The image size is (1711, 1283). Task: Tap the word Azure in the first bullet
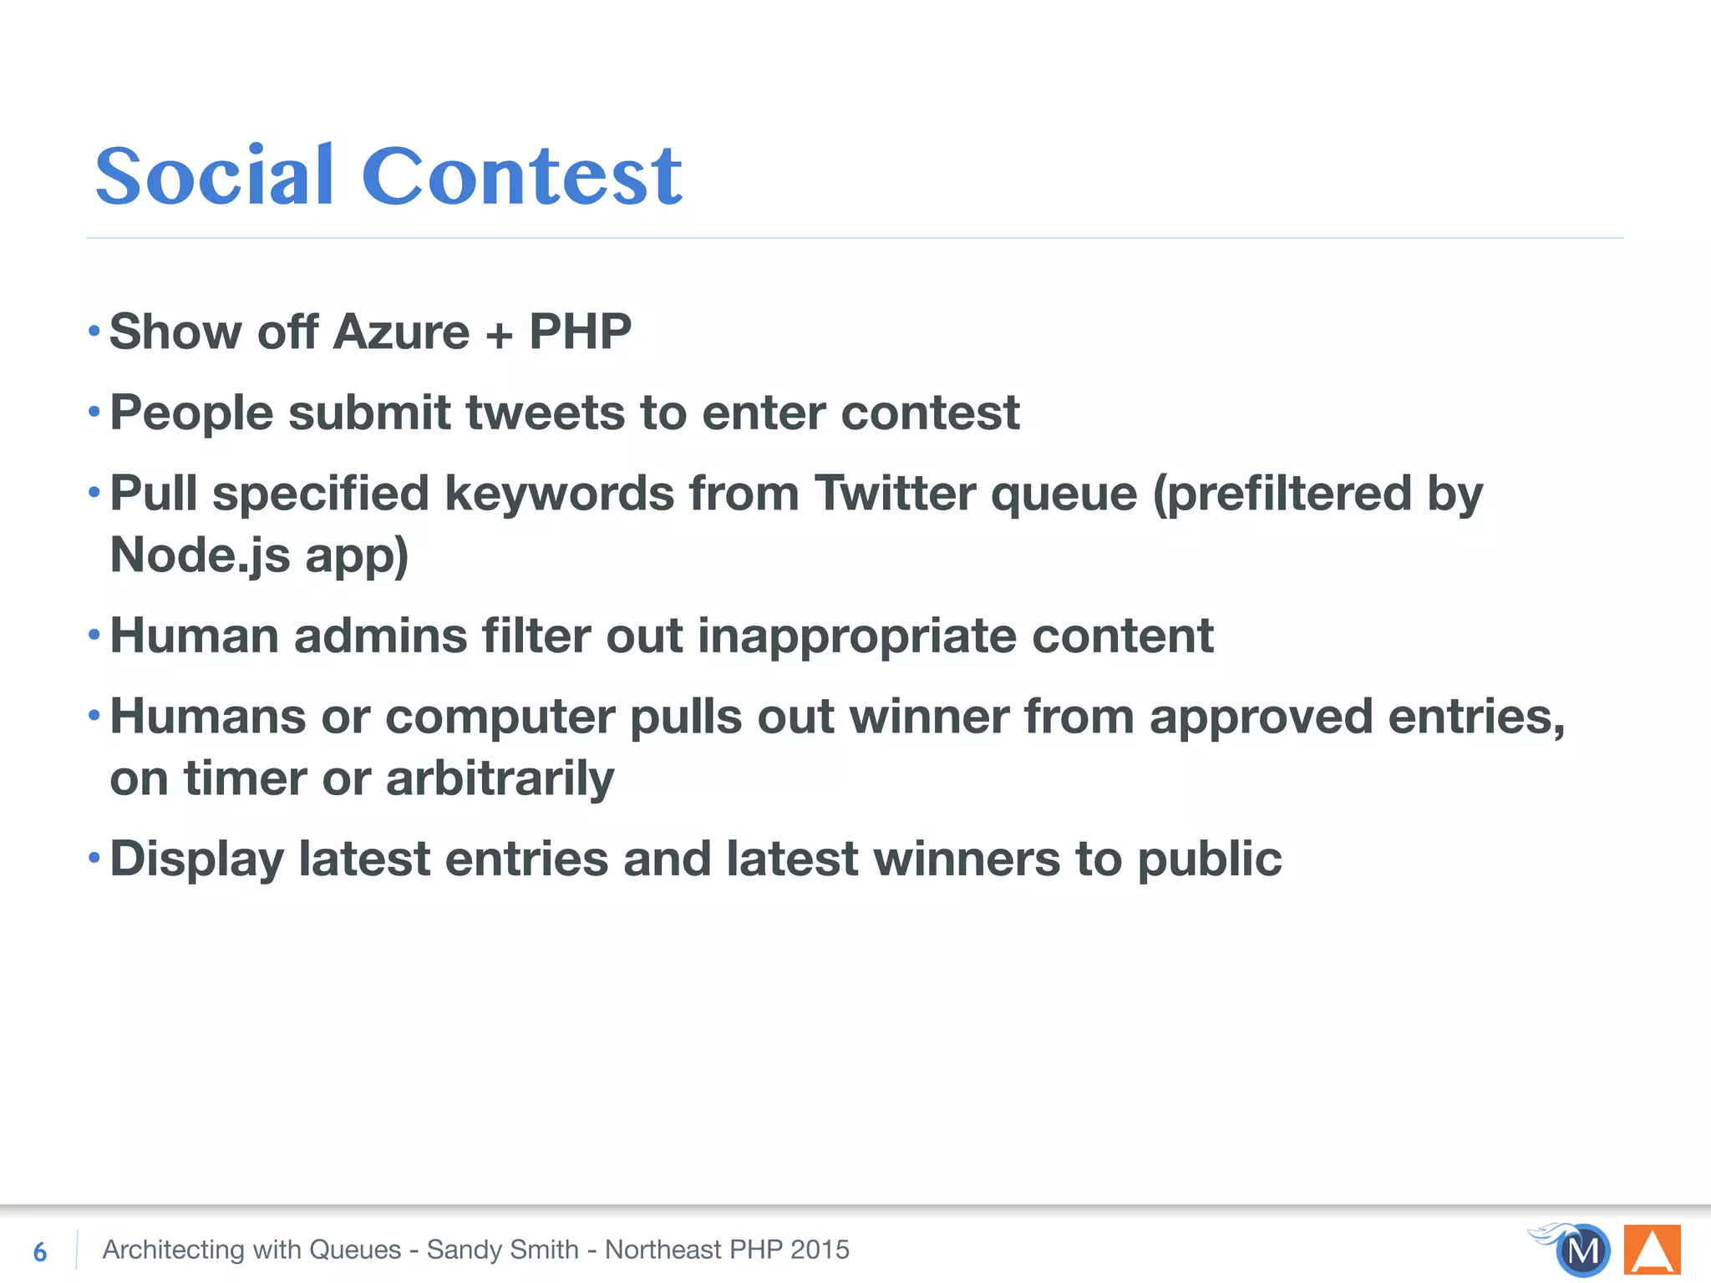401,332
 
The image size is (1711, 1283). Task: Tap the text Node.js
200,555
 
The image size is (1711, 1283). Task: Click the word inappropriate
857,636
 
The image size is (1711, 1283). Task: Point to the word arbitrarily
500,778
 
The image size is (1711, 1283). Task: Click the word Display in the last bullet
197,860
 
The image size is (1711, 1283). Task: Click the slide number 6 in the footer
40,1251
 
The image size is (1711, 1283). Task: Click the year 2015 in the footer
820,1250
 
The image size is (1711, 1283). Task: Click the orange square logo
1652,1250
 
